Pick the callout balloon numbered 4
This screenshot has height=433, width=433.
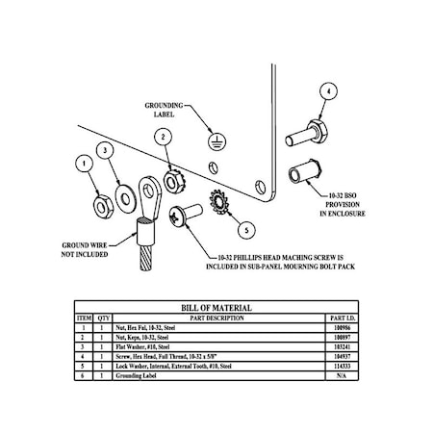(x=329, y=92)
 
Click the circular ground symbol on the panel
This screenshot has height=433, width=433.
(x=219, y=141)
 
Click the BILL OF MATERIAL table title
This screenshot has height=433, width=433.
(x=216, y=308)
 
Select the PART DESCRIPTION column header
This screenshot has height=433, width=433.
(x=218, y=318)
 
